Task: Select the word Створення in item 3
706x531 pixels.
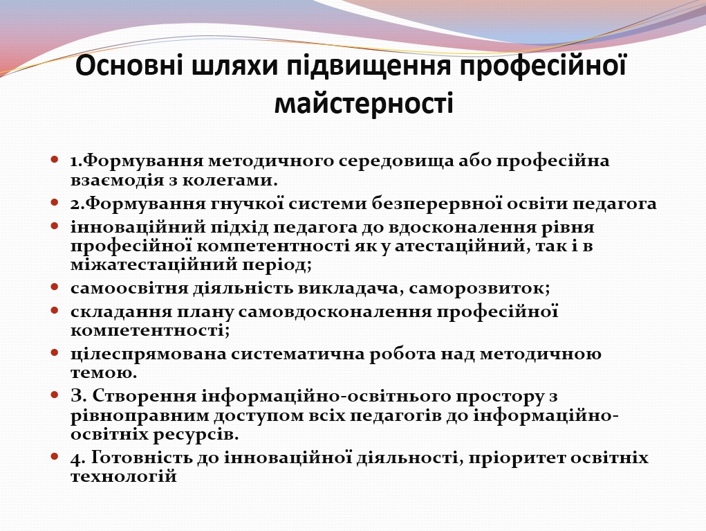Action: point(142,396)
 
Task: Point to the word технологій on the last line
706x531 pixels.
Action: point(124,477)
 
